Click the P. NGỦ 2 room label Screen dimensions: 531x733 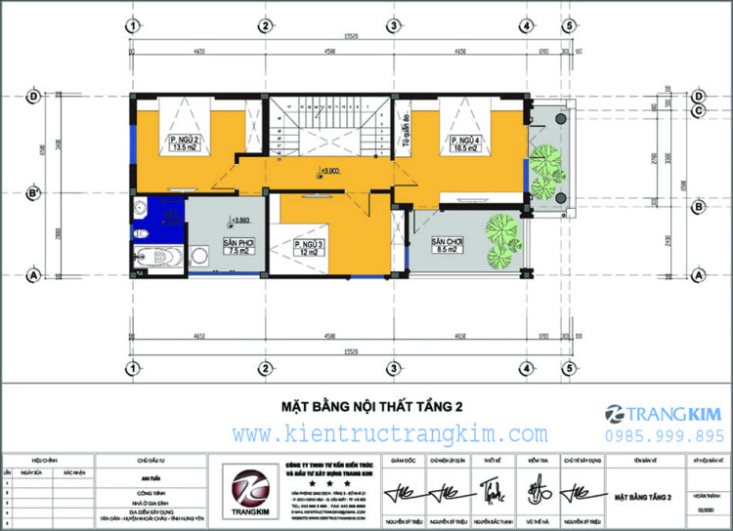(x=185, y=145)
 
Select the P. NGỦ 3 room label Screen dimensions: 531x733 (x=307, y=246)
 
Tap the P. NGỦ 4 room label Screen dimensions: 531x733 (x=462, y=145)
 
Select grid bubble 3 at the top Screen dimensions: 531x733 (x=391, y=25)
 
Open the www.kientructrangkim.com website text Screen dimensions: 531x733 (x=389, y=432)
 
